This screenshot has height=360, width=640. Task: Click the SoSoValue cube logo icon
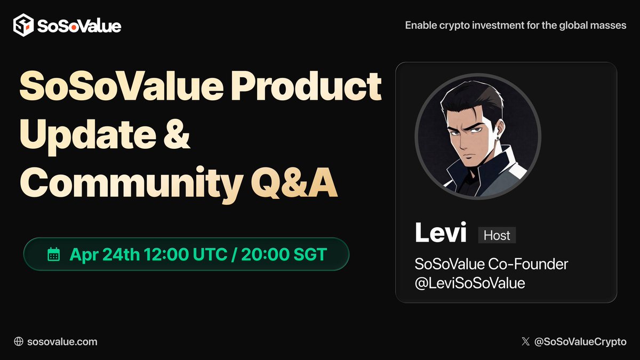[23, 25]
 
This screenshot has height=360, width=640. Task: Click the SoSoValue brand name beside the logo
[79, 26]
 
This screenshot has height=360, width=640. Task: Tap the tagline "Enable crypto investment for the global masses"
[516, 25]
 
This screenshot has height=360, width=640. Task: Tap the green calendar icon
[54, 254]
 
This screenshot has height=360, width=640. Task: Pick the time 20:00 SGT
[283, 254]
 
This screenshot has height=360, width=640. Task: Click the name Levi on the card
[441, 234]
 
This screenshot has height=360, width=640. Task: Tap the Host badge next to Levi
[497, 235]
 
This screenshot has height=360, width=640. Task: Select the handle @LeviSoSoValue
[470, 283]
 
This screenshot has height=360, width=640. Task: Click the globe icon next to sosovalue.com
[19, 341]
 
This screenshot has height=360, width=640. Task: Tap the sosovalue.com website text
[62, 341]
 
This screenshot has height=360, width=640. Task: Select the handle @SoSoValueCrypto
[580, 341]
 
